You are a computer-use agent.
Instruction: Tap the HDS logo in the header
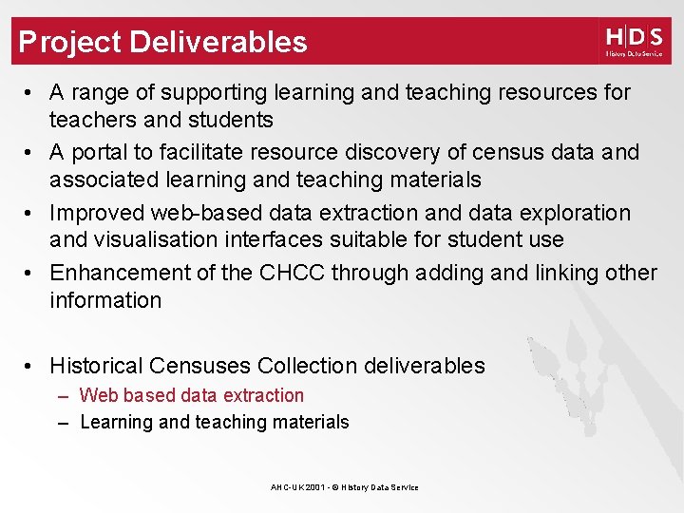(x=633, y=41)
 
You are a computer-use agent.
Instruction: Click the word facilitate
(x=202, y=152)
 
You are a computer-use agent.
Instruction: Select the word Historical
(x=97, y=366)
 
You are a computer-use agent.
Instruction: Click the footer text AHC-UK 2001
(x=295, y=487)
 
